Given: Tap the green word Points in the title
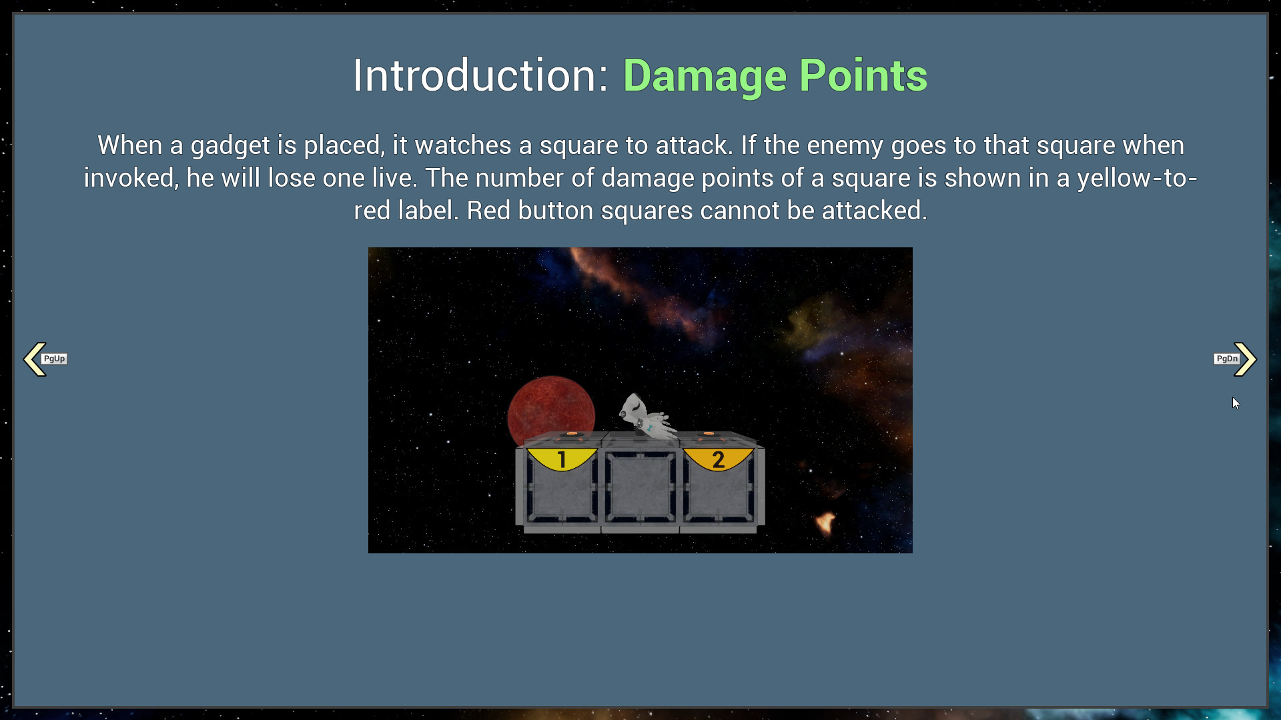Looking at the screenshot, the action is pyautogui.click(x=863, y=75).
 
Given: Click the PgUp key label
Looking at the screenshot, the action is pyautogui.click(x=55, y=359).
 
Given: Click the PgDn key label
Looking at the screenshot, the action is pyautogui.click(x=1226, y=359).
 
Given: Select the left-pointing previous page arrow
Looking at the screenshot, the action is pyautogui.click(x=33, y=359).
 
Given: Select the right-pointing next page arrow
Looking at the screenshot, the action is pyautogui.click(x=1246, y=359).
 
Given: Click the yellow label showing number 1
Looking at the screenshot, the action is pyautogui.click(x=562, y=459).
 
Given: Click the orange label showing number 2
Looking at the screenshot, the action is pyautogui.click(x=719, y=459).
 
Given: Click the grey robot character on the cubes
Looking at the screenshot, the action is pyautogui.click(x=646, y=417).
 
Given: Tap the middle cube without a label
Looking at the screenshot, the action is pyautogui.click(x=640, y=487).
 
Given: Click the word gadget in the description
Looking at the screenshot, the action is pyautogui.click(x=230, y=146).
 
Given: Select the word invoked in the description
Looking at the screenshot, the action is pyautogui.click(x=131, y=178).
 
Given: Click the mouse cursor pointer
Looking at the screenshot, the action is pyautogui.click(x=1236, y=403).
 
